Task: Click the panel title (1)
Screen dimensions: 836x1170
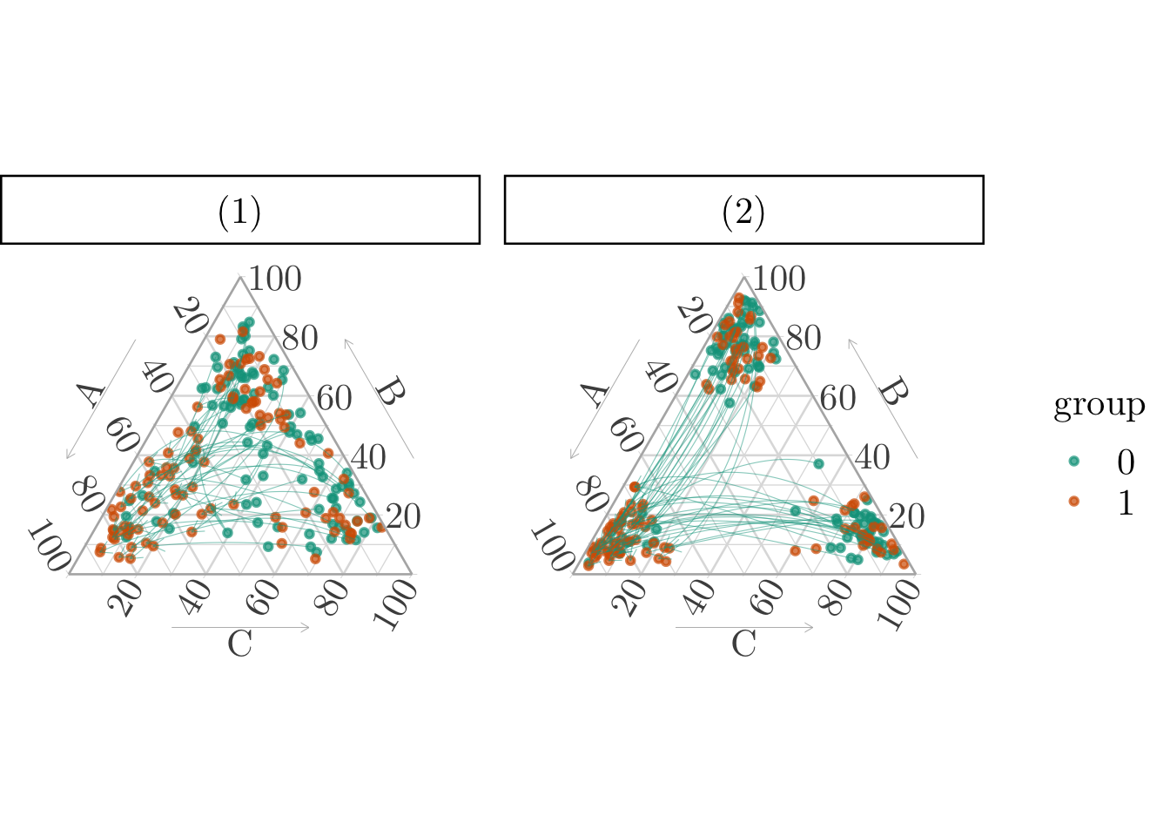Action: coord(239,212)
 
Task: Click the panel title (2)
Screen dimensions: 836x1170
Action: coord(743,212)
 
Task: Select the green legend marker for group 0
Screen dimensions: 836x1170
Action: coord(1073,461)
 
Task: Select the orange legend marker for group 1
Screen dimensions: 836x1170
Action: coord(1073,501)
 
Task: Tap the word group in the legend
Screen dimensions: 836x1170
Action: coord(1099,406)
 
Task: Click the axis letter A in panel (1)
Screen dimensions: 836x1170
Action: coord(91,394)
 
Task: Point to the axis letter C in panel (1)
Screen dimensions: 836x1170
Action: coord(239,644)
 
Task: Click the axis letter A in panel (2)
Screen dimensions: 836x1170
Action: coord(595,394)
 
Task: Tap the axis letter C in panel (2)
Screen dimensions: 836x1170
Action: coord(743,644)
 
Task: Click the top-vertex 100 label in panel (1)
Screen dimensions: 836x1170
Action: coord(275,280)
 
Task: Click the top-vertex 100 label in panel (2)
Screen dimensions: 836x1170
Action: coord(779,280)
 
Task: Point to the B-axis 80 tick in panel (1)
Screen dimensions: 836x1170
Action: coord(299,338)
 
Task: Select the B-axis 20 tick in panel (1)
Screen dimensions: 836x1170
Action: coord(403,516)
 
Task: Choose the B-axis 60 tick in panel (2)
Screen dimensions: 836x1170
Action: coord(838,398)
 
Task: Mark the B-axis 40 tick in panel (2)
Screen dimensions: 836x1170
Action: coord(872,457)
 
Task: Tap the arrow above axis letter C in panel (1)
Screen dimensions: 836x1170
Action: coord(240,627)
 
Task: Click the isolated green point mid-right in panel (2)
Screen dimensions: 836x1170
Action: coord(818,464)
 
